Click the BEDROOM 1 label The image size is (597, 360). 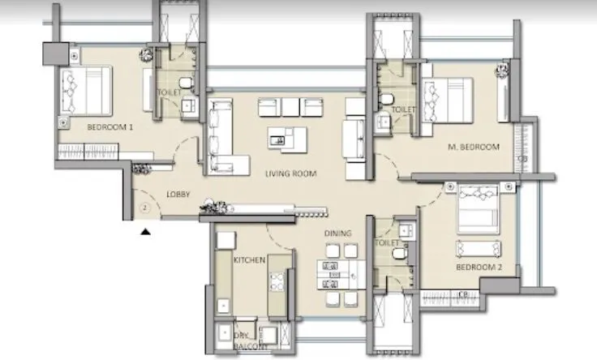(110, 127)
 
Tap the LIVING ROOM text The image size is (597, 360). (290, 174)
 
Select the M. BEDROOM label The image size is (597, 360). (474, 148)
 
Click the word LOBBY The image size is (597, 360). (179, 195)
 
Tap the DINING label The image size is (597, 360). (337, 234)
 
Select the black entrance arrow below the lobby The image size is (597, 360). (145, 232)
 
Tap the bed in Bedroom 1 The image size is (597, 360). (85, 90)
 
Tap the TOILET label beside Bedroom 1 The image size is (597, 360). (169, 93)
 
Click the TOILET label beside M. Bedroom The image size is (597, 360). (403, 109)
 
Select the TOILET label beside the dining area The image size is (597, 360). (387, 242)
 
